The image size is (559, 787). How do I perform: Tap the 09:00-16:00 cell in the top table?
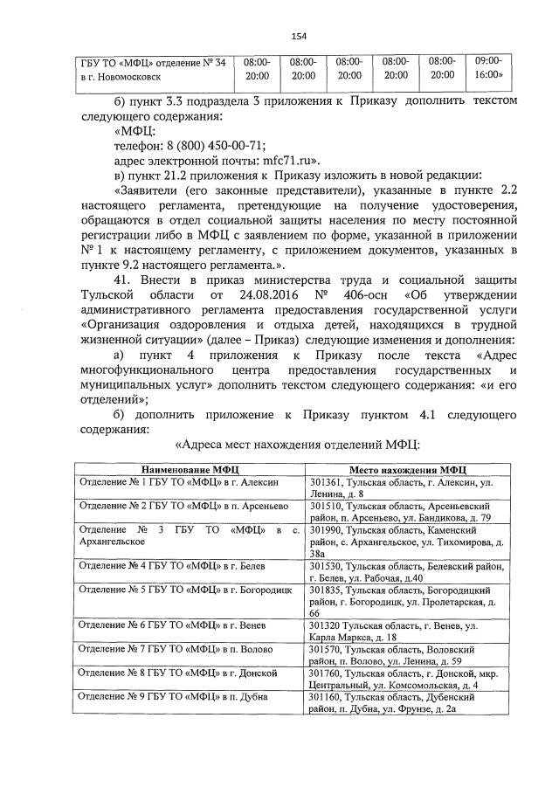pyautogui.click(x=488, y=69)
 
